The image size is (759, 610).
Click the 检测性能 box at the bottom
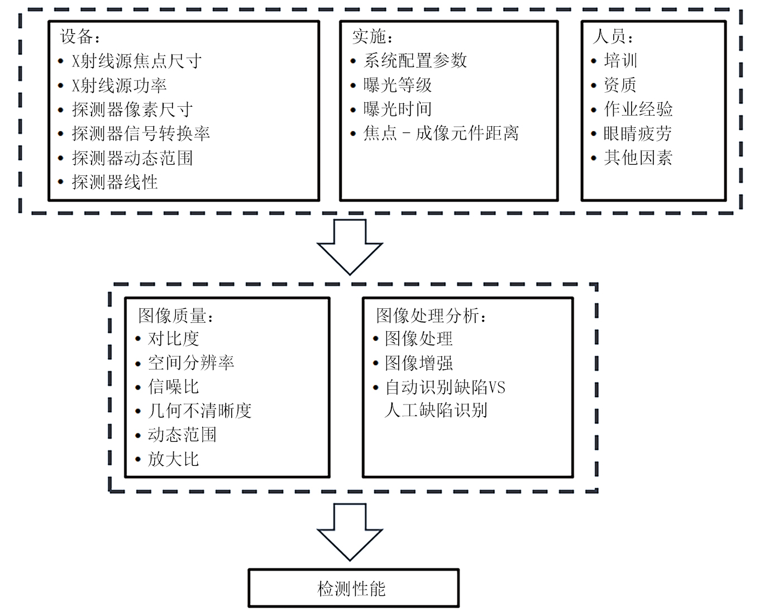(x=353, y=588)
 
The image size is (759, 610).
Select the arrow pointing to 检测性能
(x=350, y=531)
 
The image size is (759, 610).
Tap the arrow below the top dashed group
(x=350, y=246)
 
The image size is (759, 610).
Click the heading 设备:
(x=80, y=37)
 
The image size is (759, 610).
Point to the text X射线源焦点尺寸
(x=137, y=61)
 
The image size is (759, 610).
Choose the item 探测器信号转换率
(x=141, y=134)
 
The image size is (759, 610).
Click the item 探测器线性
(x=115, y=182)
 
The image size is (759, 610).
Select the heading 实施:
(x=373, y=37)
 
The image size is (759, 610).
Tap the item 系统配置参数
(x=415, y=60)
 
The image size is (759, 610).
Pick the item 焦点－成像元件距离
(x=441, y=133)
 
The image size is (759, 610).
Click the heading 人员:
(x=613, y=37)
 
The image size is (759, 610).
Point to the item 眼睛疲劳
(x=637, y=134)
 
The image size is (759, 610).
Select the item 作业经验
(x=638, y=109)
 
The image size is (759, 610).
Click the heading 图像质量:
(x=176, y=316)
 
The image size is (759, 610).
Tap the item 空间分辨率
(x=191, y=363)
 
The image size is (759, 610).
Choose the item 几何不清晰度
(x=200, y=411)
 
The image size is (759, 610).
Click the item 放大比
(x=173, y=459)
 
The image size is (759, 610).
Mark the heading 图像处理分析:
(x=431, y=316)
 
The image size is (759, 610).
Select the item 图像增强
(x=419, y=363)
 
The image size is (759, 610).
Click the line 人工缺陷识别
(x=436, y=410)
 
